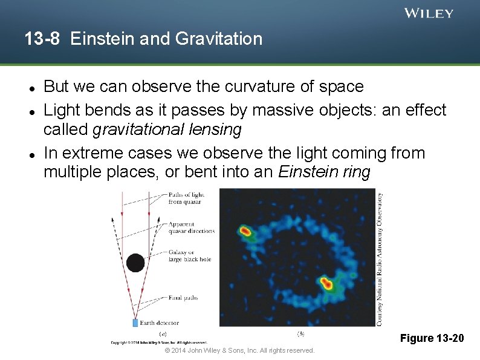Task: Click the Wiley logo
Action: coord(428,13)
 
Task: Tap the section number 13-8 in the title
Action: coord(42,39)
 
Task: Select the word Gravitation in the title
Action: coord(219,39)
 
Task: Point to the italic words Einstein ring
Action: coord(323,172)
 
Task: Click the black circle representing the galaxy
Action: coord(135,263)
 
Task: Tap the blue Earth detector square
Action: coord(135,322)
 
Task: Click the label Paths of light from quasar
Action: coord(186,198)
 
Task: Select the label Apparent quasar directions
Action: coord(191,227)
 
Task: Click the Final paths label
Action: coord(182,298)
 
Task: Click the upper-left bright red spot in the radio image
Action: coord(245,231)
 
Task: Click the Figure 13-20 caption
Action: coord(432,338)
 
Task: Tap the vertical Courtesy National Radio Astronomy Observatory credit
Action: coord(380,259)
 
